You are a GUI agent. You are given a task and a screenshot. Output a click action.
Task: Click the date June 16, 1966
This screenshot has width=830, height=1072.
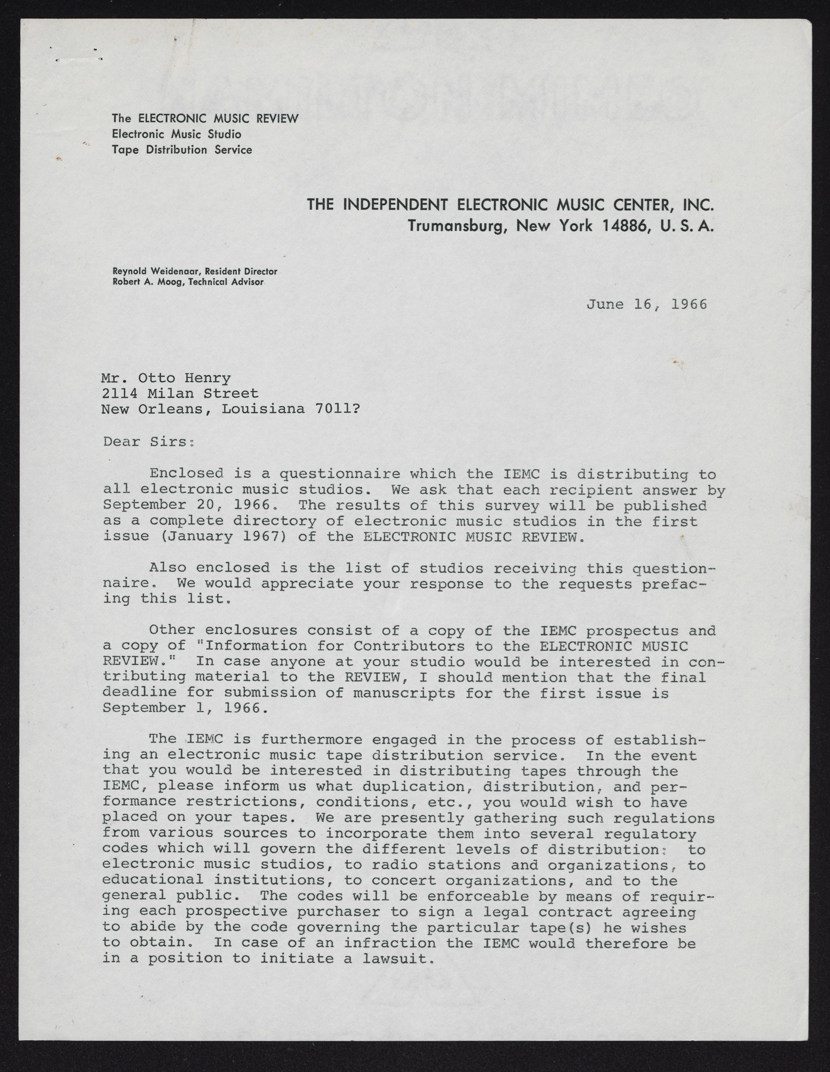(647, 304)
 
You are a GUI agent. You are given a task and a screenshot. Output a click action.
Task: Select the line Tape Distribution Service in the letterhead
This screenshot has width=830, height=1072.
(182, 150)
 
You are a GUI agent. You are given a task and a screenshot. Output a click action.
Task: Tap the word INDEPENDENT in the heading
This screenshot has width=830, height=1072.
(397, 204)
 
